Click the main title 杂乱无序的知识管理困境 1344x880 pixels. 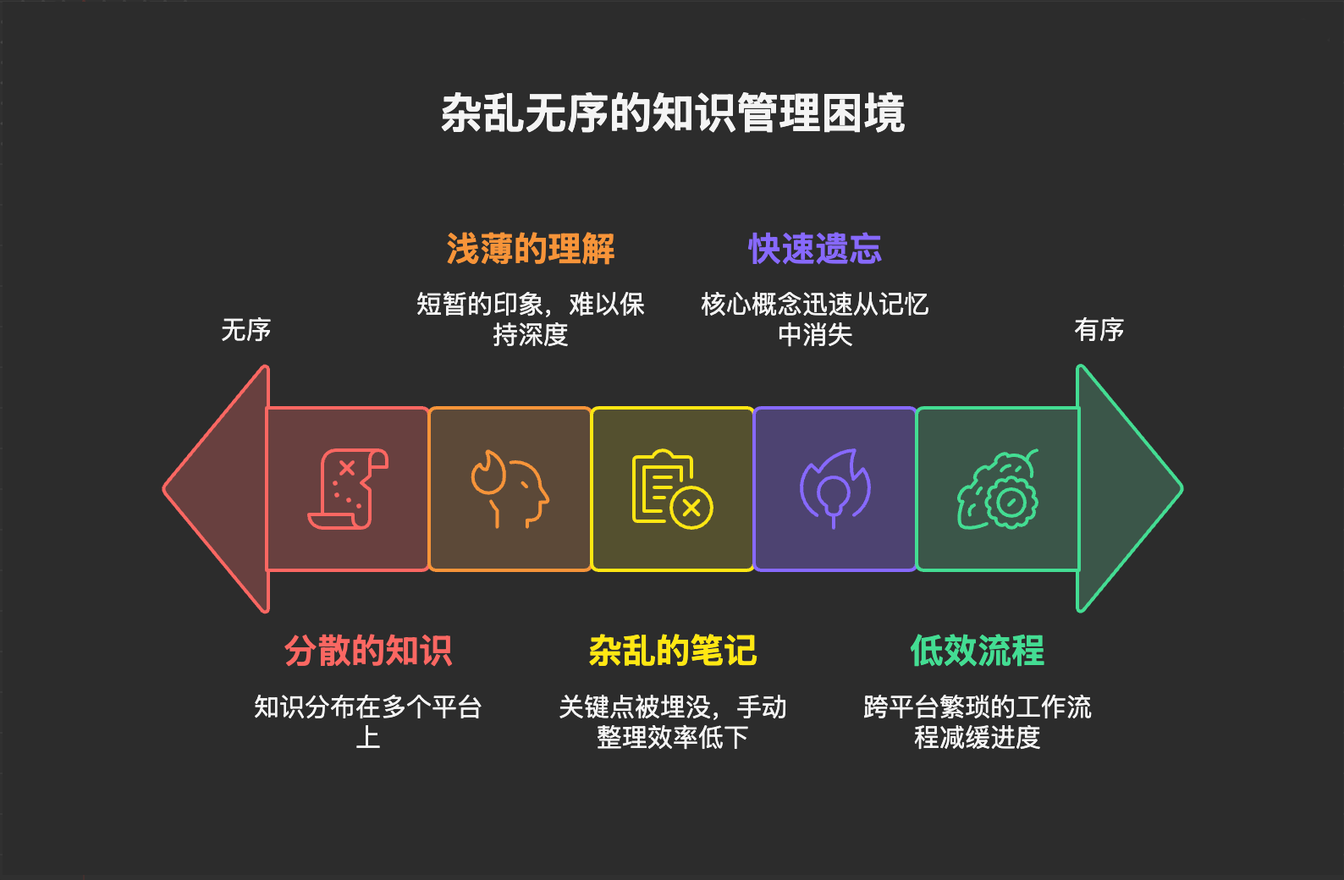coord(673,113)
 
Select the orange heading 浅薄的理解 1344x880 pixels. coord(531,250)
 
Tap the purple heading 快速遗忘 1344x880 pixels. coord(815,250)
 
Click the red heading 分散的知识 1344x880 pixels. coord(368,651)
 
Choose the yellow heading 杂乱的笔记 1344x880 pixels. coord(673,651)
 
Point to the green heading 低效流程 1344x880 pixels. coord(978,651)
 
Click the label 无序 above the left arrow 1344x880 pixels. coord(246,329)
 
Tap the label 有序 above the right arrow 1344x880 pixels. coord(1099,329)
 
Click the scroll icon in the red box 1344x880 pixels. coord(348,489)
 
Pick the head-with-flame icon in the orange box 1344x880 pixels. coord(510,489)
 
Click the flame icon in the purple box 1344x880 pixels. coord(835,489)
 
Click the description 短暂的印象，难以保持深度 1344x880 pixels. coord(531,319)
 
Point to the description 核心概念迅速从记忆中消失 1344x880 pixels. coord(815,319)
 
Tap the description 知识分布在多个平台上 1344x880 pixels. coord(368,722)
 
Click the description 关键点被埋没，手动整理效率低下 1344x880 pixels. coord(673,722)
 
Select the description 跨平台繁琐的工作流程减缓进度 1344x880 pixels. coord(978,722)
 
